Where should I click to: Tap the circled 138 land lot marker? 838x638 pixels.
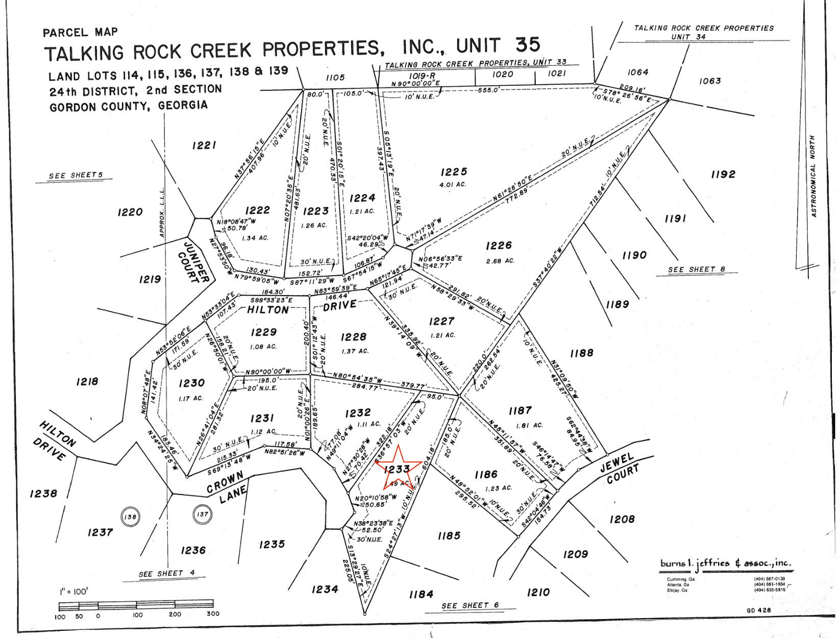pos(130,517)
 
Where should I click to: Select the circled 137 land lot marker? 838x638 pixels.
pos(203,514)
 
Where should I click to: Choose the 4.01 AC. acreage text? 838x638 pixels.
pos(453,184)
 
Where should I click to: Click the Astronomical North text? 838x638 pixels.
pos(814,176)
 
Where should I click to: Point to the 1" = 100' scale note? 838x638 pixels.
pos(73,592)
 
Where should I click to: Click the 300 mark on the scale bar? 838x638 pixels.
pos(213,614)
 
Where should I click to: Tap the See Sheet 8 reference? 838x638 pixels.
pos(696,269)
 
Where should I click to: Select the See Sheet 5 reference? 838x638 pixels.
pos(76,176)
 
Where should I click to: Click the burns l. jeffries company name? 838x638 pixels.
pos(726,563)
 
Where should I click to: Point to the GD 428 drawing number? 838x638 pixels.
pos(757,610)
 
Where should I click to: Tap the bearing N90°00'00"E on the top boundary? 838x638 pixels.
pos(415,83)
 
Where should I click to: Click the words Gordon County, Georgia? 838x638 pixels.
pos(129,106)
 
